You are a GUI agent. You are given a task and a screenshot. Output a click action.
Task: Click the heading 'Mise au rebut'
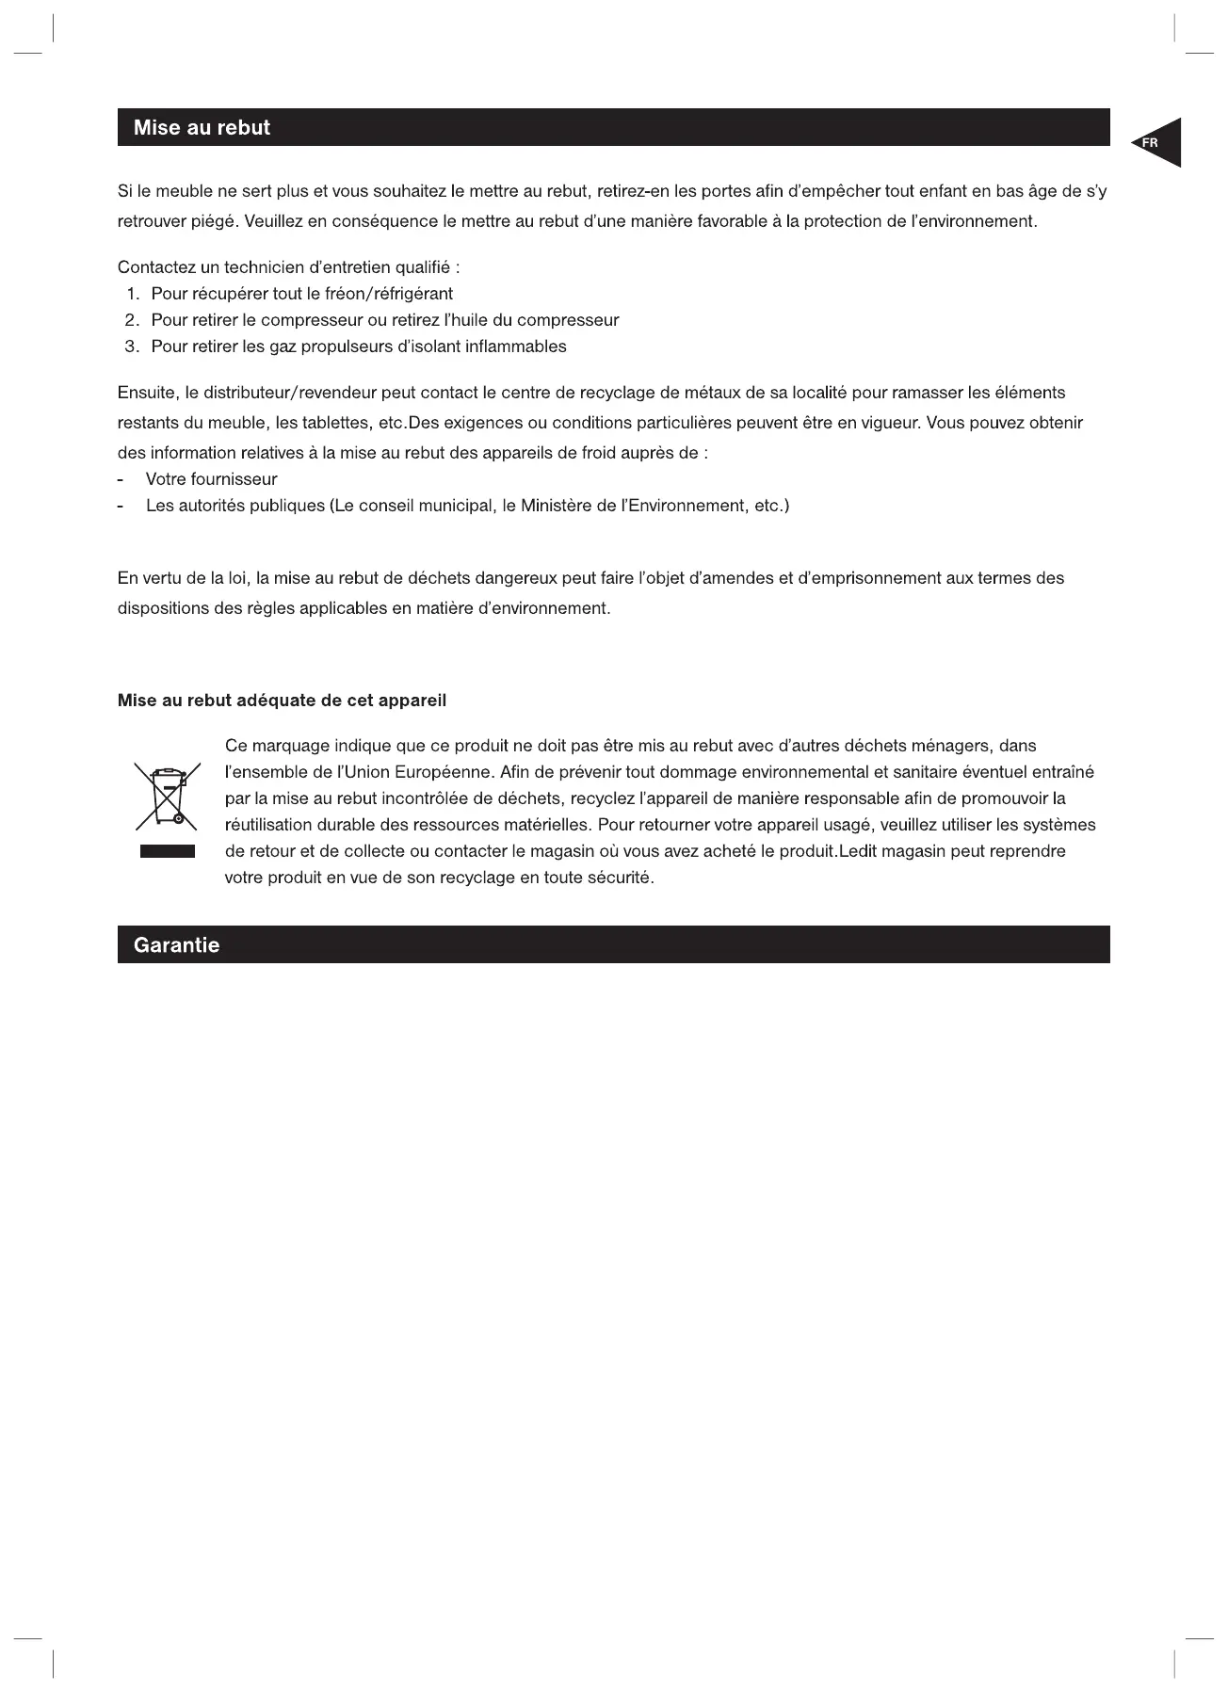tap(202, 128)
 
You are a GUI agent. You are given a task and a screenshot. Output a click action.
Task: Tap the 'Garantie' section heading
tap(176, 945)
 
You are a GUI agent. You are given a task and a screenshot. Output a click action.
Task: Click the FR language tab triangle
tap(1159, 143)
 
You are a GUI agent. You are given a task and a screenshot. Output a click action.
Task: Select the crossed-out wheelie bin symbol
tap(167, 797)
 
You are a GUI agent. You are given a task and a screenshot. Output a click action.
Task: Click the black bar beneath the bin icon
tap(168, 852)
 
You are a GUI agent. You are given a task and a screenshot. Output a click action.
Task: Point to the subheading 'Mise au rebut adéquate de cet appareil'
tap(282, 701)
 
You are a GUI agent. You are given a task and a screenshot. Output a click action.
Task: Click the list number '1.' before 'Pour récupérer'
tap(133, 294)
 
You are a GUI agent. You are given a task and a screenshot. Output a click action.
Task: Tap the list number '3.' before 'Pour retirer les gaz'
tap(133, 346)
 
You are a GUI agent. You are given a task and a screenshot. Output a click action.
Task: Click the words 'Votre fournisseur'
tap(212, 479)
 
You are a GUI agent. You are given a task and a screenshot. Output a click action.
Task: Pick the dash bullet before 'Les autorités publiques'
tap(121, 507)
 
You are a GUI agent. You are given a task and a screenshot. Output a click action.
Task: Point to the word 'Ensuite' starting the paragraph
tap(147, 393)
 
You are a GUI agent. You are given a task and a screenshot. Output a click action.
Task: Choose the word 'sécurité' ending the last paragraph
tap(621, 878)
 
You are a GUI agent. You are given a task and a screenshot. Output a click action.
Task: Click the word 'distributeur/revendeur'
tap(290, 393)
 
